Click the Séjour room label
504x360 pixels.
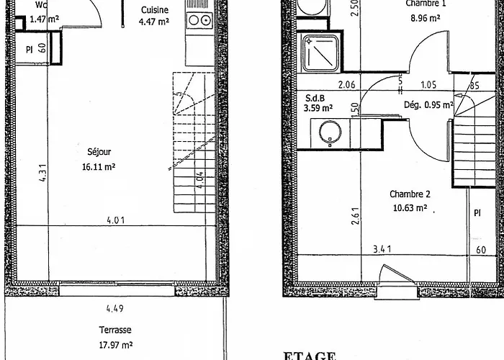click(99, 152)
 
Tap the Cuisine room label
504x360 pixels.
click(155, 10)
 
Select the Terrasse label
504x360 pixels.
click(115, 330)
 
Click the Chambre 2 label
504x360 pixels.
click(410, 194)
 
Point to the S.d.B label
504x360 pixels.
click(313, 98)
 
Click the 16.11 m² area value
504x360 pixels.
click(99, 166)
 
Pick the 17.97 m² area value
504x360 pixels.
click(115, 343)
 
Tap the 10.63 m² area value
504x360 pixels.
click(410, 209)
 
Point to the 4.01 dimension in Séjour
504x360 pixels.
click(114, 220)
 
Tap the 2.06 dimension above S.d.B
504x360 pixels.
click(346, 85)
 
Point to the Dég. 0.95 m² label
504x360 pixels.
click(428, 105)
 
